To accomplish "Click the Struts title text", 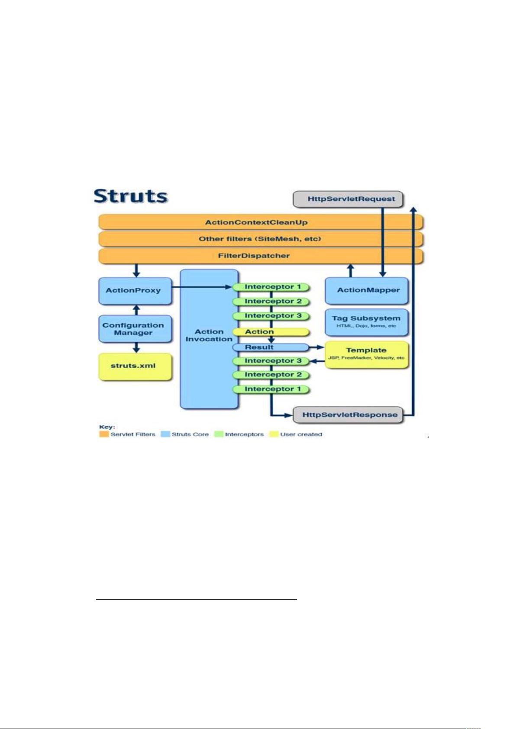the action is pos(131,196).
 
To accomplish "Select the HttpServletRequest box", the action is pos(348,199).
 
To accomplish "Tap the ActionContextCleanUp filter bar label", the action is pos(256,223).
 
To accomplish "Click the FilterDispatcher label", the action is pos(254,256).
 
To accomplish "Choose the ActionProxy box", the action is pos(135,291).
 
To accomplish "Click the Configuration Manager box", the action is pos(135,329).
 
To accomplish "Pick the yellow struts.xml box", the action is pos(135,366).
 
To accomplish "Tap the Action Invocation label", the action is pos(209,335).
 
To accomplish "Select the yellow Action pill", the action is pos(271,332).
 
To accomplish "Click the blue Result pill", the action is pos(271,347).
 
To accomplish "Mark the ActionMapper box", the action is pos(367,291).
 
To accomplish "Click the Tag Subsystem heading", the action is pos(366,318).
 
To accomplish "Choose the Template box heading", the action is pos(366,350).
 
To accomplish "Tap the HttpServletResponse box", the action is pos(348,415).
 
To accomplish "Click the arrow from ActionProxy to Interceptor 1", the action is pos(202,287).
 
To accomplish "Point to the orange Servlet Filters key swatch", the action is pos(104,434).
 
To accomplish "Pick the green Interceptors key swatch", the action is pos(219,434).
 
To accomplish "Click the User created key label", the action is pos(301,434).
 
